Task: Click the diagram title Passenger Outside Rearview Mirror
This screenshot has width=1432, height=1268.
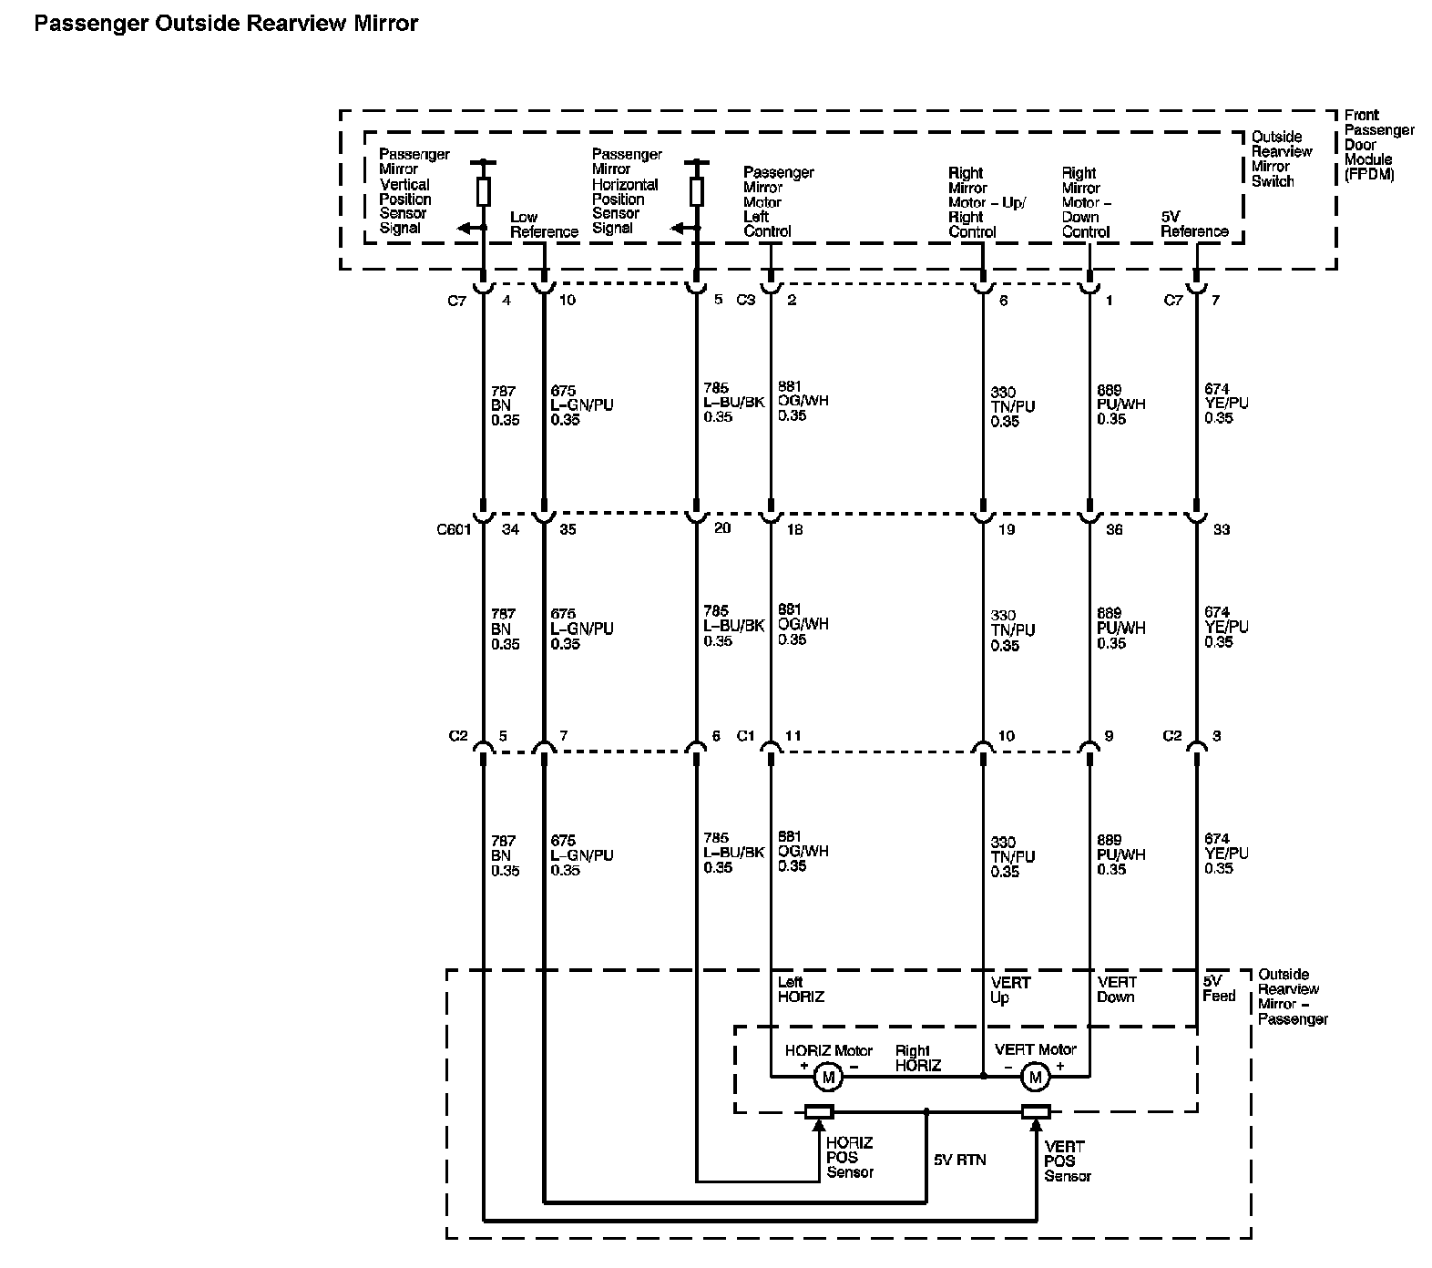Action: [226, 24]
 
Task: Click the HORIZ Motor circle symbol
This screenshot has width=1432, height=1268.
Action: [828, 1078]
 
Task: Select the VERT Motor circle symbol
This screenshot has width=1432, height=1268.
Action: [1035, 1078]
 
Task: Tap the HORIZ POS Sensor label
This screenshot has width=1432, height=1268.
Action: [850, 1157]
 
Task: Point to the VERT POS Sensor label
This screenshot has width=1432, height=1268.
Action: [1067, 1161]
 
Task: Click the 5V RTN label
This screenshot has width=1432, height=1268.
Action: [959, 1160]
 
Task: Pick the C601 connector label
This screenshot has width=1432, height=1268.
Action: [454, 529]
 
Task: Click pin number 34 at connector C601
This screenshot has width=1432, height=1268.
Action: [510, 529]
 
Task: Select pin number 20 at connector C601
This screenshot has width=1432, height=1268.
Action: [721, 527]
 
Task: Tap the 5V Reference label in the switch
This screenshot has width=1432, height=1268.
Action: [1194, 224]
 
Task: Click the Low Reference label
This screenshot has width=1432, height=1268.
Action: [544, 224]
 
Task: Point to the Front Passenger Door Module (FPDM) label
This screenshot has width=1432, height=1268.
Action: [1378, 145]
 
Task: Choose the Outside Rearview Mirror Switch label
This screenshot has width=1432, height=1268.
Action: [1281, 158]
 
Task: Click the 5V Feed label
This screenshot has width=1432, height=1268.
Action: [1218, 988]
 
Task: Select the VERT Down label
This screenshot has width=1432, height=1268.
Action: [1117, 989]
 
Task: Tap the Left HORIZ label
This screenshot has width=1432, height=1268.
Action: [800, 989]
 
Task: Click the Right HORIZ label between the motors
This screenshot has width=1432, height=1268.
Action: [917, 1058]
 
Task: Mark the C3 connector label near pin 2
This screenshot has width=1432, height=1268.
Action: [745, 300]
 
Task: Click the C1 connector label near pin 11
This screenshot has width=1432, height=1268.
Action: [745, 736]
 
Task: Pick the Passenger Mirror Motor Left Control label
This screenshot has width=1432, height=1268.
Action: [778, 201]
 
